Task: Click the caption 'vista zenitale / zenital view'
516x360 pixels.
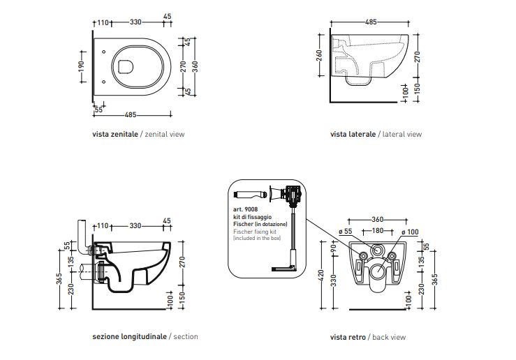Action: coord(138,134)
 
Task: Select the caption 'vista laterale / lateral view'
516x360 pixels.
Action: coord(376,134)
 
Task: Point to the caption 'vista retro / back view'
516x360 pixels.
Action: coord(368,337)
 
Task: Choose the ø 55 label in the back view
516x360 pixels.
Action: coord(348,232)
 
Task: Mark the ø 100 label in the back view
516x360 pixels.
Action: coord(409,232)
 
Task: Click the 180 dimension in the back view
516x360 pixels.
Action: coord(376,232)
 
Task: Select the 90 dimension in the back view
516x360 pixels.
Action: coord(334,249)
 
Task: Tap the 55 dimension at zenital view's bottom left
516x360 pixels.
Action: coord(98,110)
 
